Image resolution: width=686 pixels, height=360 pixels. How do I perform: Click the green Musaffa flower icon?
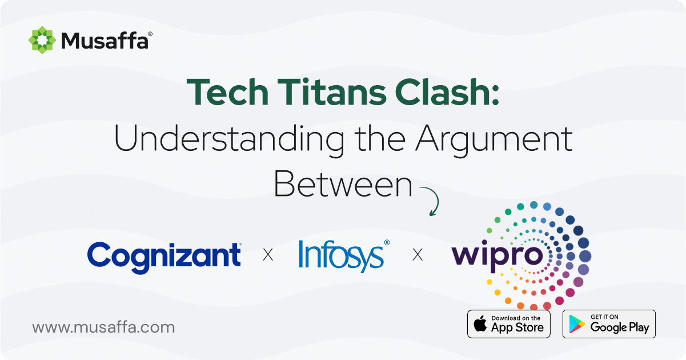tap(42, 40)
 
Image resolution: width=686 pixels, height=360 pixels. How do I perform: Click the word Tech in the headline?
tap(227, 92)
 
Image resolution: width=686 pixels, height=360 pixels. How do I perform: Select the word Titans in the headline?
tap(332, 92)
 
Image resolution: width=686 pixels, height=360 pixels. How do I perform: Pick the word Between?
tap(343, 184)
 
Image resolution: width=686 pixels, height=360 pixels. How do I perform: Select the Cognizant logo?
tap(164, 257)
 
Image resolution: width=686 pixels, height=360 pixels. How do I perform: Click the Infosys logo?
tap(344, 256)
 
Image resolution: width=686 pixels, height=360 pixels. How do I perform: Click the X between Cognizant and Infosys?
tap(268, 255)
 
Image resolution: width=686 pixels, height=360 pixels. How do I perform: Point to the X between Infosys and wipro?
tap(418, 255)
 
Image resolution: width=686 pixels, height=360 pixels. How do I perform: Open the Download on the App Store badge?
tap(509, 324)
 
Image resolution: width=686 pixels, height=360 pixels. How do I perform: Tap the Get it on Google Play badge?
tap(609, 324)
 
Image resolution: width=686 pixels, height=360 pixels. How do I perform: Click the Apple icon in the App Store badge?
tap(480, 323)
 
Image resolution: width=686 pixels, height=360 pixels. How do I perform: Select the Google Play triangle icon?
tap(577, 324)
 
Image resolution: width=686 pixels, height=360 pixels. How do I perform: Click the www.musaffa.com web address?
tap(103, 327)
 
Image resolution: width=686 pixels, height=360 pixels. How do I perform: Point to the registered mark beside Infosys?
tap(387, 243)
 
